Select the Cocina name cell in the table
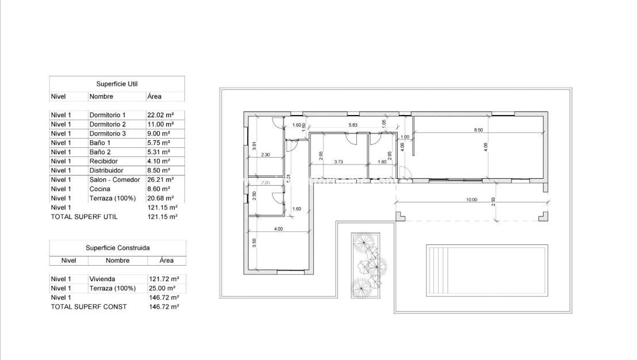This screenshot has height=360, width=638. point(100,189)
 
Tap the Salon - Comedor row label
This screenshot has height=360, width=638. point(115,179)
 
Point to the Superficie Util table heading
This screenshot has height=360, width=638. point(117,84)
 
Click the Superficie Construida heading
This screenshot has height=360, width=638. point(118,248)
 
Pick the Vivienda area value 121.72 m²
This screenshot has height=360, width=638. point(163,279)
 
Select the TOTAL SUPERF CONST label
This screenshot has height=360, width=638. point(89,307)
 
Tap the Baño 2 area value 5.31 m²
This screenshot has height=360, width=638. point(159,152)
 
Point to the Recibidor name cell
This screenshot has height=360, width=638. point(103,161)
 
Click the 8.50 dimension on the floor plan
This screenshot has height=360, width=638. point(478,130)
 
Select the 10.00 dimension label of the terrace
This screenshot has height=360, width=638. point(471,200)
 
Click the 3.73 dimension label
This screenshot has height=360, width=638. point(339,162)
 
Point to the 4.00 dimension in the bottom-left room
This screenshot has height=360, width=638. point(278,229)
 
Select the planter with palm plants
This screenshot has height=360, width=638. point(366,265)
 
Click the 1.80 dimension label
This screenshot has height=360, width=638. point(382,162)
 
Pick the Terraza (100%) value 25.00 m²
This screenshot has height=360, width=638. point(162,288)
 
